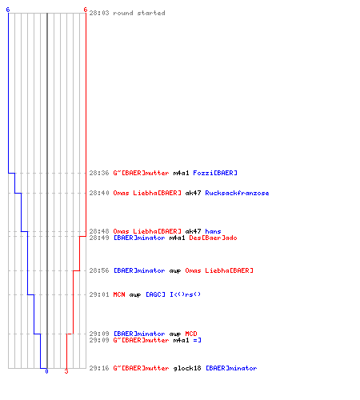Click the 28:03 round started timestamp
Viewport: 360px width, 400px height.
point(99,13)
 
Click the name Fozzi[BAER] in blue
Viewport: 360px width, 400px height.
point(215,173)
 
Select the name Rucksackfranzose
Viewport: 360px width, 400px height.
point(237,193)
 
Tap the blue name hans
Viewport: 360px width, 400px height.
point(213,231)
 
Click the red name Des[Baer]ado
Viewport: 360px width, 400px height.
point(213,238)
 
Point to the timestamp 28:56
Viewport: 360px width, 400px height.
point(99,270)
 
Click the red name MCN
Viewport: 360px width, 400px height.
point(119,294)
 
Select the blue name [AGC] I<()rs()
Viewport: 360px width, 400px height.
point(173,294)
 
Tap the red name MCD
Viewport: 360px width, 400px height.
point(191,334)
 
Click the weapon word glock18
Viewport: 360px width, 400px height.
point(187,368)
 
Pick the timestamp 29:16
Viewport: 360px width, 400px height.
point(99,368)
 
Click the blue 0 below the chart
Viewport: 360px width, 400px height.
point(46,371)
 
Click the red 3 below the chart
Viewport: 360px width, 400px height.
point(66,371)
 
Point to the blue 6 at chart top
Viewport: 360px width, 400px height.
point(8,10)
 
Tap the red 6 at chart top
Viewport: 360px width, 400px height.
point(86,10)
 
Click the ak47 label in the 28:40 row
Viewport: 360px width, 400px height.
point(193,193)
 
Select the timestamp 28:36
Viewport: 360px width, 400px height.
point(99,173)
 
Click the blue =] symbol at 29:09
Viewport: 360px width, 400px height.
point(197,340)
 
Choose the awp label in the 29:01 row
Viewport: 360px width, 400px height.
point(135,295)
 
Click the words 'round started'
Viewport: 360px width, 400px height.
point(139,13)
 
